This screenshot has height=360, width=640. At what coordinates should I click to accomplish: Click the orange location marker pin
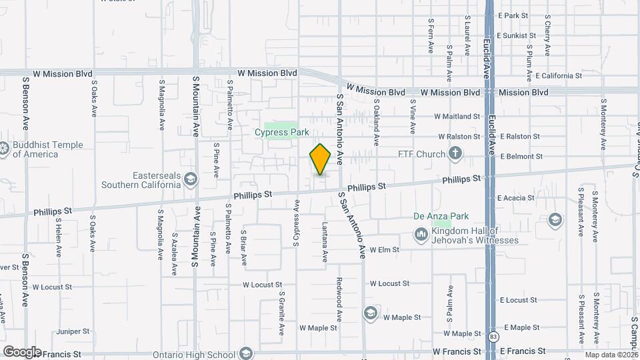click(x=321, y=159)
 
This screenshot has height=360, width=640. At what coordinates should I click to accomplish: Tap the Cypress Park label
click(x=282, y=132)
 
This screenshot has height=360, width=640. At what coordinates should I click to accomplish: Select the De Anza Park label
click(x=441, y=216)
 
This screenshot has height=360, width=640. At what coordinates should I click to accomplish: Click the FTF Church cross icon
click(x=455, y=155)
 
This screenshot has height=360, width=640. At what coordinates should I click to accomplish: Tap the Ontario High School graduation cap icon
click(x=246, y=353)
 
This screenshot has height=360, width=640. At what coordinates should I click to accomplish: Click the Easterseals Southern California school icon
click(x=191, y=179)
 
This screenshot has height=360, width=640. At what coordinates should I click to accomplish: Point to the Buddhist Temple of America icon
click(x=4, y=149)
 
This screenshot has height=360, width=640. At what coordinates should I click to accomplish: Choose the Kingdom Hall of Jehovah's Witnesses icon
click(x=421, y=235)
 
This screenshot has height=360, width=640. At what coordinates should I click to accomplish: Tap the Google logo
click(x=22, y=351)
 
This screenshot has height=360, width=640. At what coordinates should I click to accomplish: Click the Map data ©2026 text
click(x=611, y=355)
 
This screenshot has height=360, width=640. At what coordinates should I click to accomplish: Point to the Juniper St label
click(x=73, y=331)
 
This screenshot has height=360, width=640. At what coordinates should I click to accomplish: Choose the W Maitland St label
click(x=457, y=116)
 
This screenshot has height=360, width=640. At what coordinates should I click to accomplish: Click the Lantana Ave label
click(x=325, y=241)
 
